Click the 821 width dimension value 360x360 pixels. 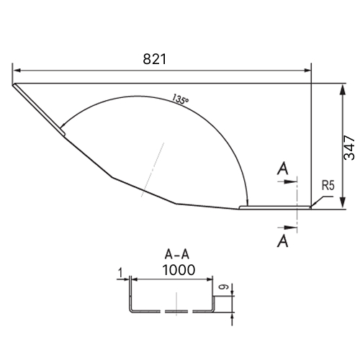coord(155,59)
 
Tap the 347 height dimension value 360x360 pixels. coord(349,148)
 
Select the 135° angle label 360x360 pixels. coord(180,99)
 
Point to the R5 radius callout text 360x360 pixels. coord(328,186)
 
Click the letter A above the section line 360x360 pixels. coord(283,168)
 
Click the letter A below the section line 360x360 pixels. coord(283,240)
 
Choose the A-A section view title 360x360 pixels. coord(177,254)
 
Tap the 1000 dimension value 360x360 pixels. coord(179,270)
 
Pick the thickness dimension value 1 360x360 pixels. coord(121,273)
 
